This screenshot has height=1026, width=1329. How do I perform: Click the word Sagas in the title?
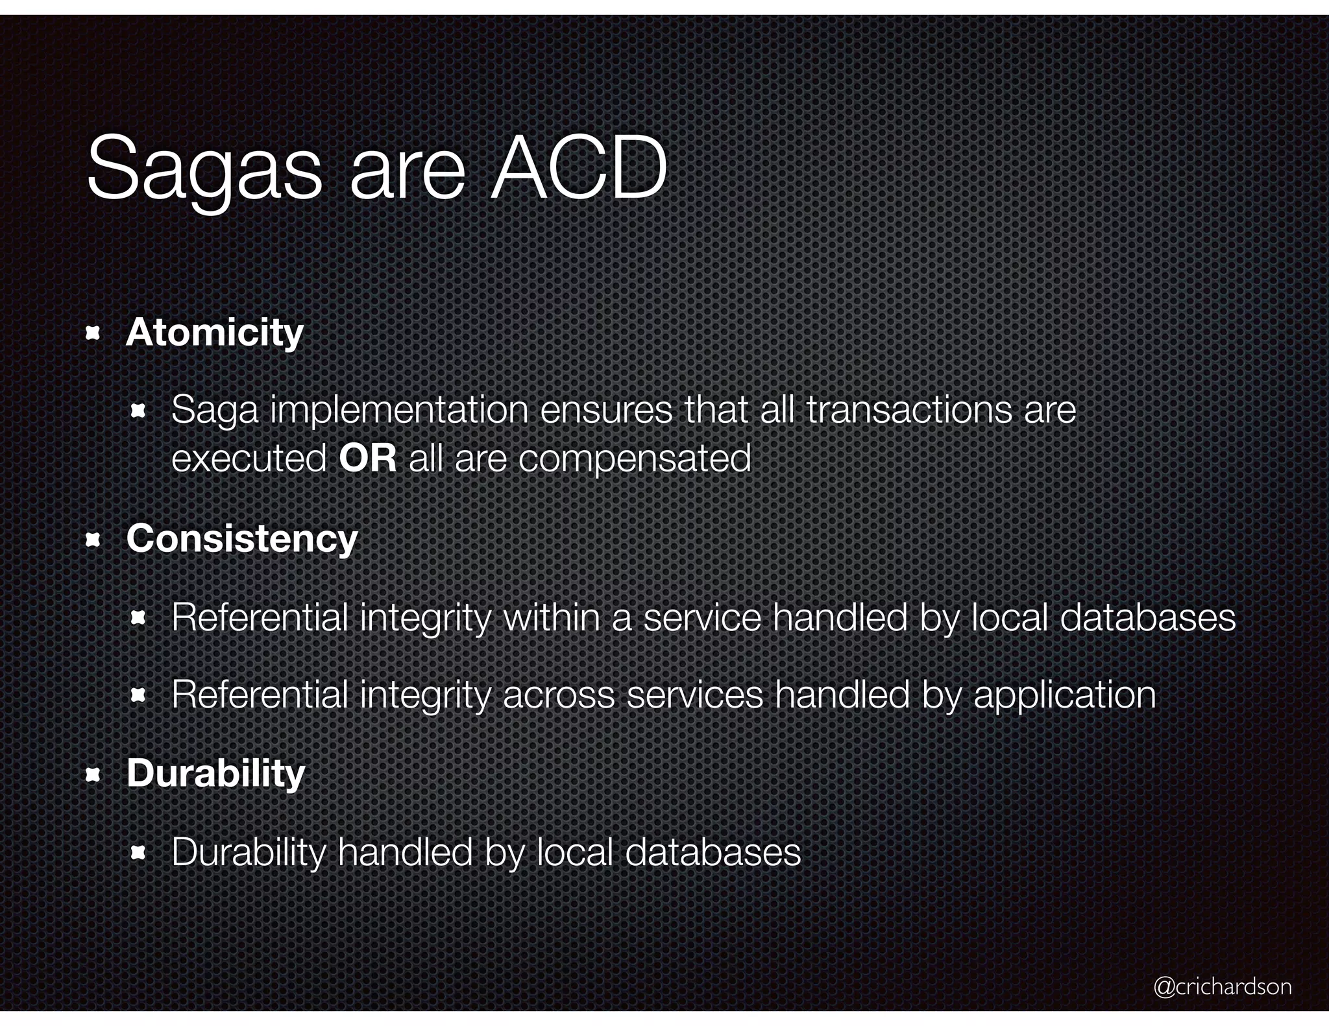tap(204, 169)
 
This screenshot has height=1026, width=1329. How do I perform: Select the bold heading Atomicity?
tap(215, 333)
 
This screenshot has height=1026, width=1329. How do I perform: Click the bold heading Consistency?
tap(242, 539)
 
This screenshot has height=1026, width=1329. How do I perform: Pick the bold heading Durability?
tap(215, 774)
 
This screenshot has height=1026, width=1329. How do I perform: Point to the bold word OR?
tap(367, 459)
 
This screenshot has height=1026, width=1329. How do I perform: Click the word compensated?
tap(635, 460)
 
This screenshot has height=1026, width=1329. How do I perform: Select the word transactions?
tap(908, 410)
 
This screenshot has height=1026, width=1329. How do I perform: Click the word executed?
tap(249, 459)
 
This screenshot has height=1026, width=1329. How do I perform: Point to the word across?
tap(559, 695)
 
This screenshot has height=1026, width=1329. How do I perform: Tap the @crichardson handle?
tap(1223, 986)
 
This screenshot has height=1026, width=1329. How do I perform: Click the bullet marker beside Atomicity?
tap(93, 334)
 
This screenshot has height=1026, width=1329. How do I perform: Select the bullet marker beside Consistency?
tap(93, 540)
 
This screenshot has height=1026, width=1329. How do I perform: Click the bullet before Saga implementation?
tap(138, 411)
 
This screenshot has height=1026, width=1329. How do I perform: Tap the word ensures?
tap(606, 410)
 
